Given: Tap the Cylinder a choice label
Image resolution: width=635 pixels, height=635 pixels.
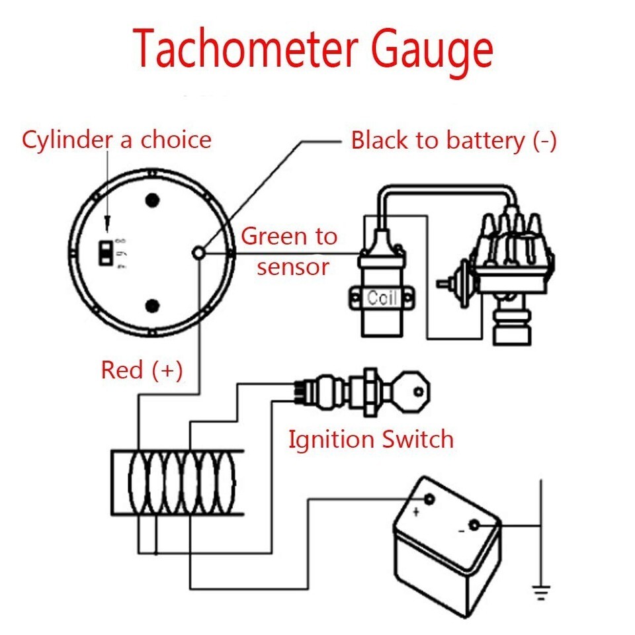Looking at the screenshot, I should [x=116, y=140].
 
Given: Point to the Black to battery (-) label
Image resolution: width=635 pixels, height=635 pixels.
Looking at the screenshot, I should [x=454, y=140].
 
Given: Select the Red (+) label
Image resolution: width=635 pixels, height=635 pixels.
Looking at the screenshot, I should [x=142, y=370].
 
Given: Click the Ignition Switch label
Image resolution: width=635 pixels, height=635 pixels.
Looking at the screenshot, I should [x=370, y=439].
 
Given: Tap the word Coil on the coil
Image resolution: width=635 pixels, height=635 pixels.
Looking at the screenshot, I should [x=382, y=298].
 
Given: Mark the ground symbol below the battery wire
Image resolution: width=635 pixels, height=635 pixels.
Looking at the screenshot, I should [x=541, y=591].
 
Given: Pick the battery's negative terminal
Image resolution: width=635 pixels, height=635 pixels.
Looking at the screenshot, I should [x=474, y=526].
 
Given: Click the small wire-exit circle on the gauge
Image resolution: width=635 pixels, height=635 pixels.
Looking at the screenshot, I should [x=199, y=252].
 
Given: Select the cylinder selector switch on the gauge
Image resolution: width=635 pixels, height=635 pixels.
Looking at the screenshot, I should [x=105, y=252].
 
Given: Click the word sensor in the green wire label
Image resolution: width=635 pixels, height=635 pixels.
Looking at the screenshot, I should [x=293, y=267].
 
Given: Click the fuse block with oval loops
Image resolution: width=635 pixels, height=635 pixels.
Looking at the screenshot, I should [x=177, y=482].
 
